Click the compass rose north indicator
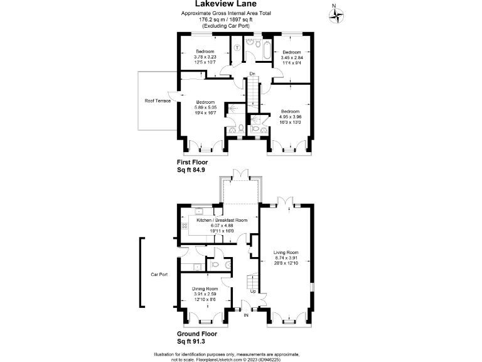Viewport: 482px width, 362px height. coord(338,14)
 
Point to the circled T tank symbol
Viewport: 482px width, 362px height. coord(237,48)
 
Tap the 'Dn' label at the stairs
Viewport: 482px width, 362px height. coord(252,74)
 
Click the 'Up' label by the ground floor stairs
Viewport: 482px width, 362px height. coord(252,292)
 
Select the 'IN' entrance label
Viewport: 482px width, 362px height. coord(246,316)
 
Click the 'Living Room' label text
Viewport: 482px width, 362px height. coord(286,253)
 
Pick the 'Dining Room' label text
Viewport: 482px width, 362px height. coord(204,288)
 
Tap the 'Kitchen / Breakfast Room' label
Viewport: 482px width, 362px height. coord(222,221)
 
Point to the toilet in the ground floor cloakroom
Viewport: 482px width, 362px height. coord(215,266)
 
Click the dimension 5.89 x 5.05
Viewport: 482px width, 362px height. coord(205,107)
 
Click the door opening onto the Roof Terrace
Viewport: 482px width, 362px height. coord(179,95)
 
